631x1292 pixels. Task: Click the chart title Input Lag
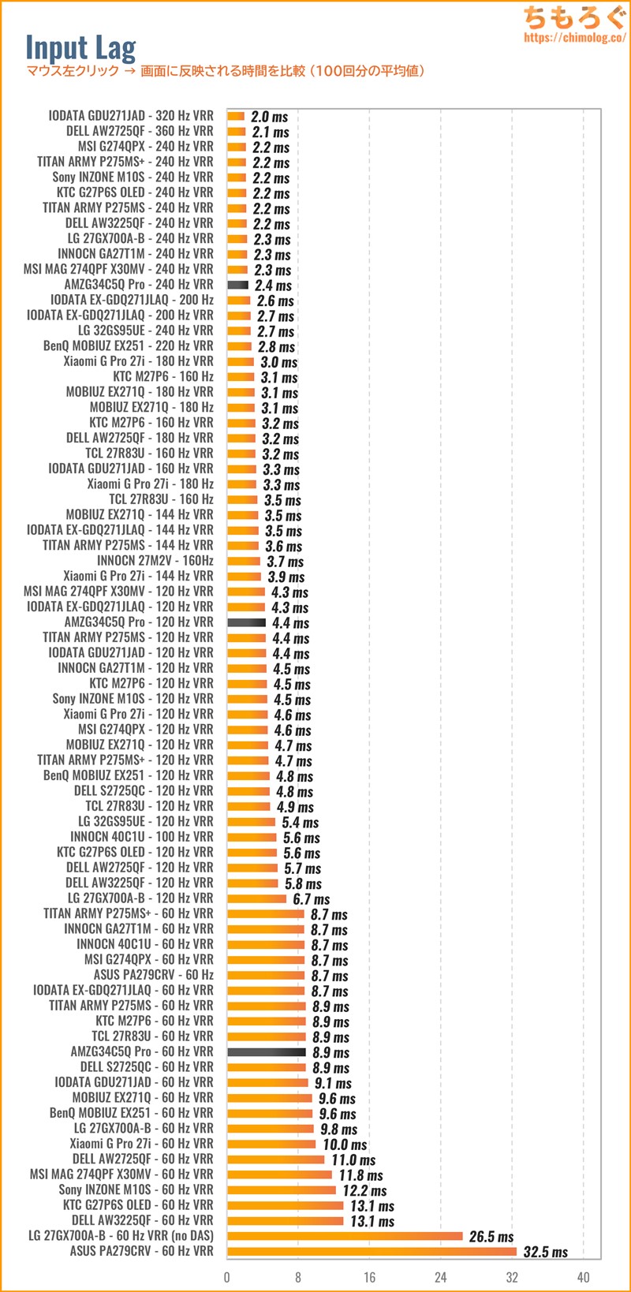point(80,47)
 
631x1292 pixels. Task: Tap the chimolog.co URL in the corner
point(574,37)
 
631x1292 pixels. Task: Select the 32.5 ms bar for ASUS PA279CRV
point(372,1251)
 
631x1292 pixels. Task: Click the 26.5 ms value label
point(491,1236)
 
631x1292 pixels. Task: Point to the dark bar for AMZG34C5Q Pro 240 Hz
point(237,285)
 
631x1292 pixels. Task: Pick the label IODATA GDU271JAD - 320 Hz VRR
point(131,116)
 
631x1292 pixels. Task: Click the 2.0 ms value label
point(269,117)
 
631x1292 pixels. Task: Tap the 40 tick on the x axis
point(583,1277)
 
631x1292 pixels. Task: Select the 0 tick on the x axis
point(227,1277)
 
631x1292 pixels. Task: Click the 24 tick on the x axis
point(440,1277)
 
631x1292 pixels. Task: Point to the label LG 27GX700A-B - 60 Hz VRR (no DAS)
point(121,1236)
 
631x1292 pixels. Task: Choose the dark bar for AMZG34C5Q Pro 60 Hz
point(267,1051)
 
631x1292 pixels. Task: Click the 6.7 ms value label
point(311,899)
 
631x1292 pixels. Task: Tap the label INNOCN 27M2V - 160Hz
point(155,561)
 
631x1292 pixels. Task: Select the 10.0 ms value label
point(345,1145)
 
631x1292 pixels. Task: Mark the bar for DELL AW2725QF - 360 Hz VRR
point(236,132)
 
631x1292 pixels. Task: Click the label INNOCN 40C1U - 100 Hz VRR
point(142,837)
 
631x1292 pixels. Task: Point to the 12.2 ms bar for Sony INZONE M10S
point(282,1189)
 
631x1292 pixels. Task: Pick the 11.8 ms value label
point(360,1175)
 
